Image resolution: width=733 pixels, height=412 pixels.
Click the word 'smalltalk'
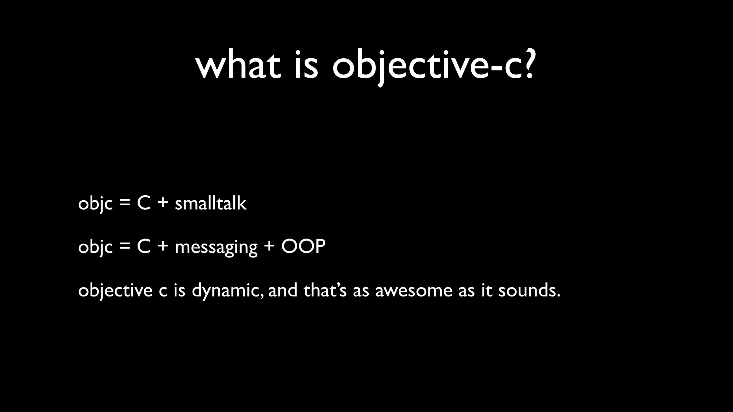click(210, 203)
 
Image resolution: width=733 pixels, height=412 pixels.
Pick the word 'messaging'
click(216, 247)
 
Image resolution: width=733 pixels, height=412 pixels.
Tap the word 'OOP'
click(304, 246)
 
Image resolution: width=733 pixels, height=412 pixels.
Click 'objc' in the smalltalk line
click(95, 204)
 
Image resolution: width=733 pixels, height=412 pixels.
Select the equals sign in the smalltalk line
click(125, 204)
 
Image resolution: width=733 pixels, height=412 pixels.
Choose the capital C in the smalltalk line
click(144, 203)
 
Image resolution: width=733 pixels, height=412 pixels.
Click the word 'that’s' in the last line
click(325, 290)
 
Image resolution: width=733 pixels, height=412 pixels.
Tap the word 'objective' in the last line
click(115, 290)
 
